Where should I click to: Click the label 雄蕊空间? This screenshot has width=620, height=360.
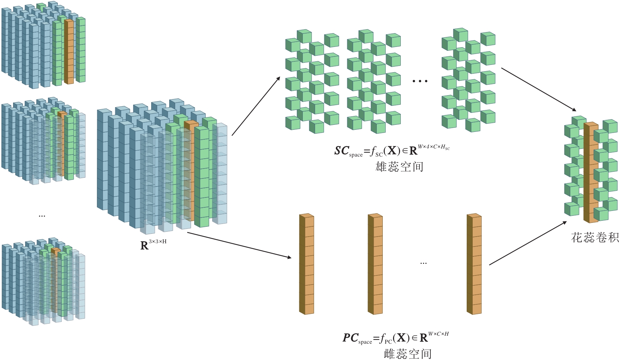coord(399,166)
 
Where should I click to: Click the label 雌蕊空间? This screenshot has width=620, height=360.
coord(407,353)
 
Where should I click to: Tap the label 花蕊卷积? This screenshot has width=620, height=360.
coord(595,237)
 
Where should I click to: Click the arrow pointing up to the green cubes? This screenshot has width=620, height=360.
coord(256,106)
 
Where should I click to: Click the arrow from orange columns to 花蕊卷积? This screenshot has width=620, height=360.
coord(528,243)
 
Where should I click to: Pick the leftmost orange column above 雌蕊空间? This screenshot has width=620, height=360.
coord(307,264)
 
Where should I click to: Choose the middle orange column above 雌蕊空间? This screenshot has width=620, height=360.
coord(375,264)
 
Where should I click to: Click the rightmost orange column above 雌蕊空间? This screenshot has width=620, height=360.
coord(474,264)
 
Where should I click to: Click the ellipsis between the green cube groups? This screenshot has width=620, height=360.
coord(420,81)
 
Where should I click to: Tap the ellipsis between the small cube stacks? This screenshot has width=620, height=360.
coord(42,215)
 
